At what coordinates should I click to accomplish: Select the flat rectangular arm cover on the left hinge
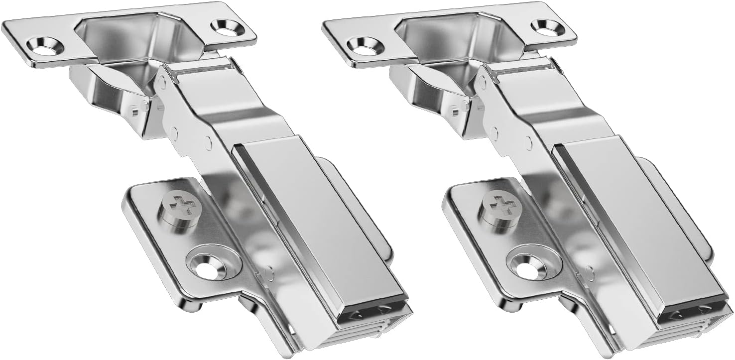(x=319, y=219)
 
